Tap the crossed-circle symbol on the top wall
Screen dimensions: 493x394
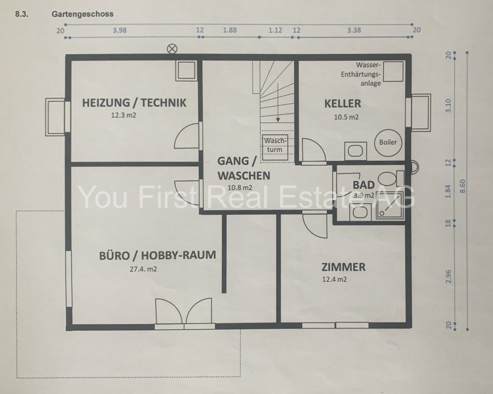tap(172, 49)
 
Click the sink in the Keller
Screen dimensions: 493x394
tap(355, 151)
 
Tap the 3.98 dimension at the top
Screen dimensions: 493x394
tap(119, 30)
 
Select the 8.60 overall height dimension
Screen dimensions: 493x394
tap(463, 186)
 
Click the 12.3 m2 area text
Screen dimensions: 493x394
tap(124, 115)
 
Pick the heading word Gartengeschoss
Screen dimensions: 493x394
tap(82, 14)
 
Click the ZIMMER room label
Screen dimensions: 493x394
tap(344, 267)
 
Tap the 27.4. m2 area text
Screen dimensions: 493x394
tap(143, 269)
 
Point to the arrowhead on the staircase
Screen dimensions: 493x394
tap(278, 120)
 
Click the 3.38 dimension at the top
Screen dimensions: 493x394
tap(354, 30)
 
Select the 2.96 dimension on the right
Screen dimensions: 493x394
tap(448, 276)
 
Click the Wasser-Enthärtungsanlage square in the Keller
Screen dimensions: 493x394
tap(393, 71)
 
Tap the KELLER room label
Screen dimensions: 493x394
tap(343, 104)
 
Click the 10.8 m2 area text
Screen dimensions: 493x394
tap(240, 188)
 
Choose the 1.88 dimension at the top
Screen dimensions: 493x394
tap(230, 30)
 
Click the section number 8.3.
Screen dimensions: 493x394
tap(22, 14)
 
